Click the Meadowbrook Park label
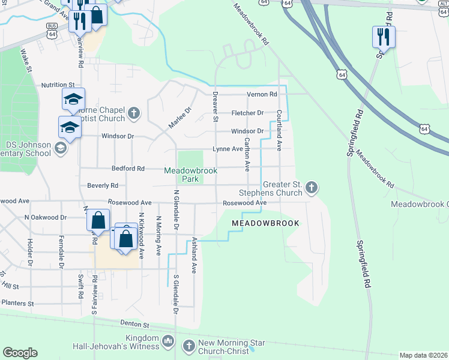pyautogui.click(x=190, y=174)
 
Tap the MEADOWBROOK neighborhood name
pyautogui.click(x=265, y=223)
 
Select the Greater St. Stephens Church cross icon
pyautogui.click(x=311, y=188)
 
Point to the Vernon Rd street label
pyautogui.click(x=262, y=95)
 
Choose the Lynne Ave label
pyautogui.click(x=228, y=149)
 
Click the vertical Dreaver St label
pyautogui.click(x=215, y=107)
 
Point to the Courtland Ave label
pyautogui.click(x=279, y=130)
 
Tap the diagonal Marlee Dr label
pyautogui.click(x=179, y=118)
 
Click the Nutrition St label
pyautogui.click(x=58, y=86)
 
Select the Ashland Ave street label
pyautogui.click(x=194, y=255)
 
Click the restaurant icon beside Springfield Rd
pyautogui.click(x=383, y=37)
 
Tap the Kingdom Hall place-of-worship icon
pyautogui.click(x=168, y=343)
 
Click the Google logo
pyautogui.click(x=20, y=353)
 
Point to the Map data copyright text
pyautogui.click(x=423, y=355)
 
